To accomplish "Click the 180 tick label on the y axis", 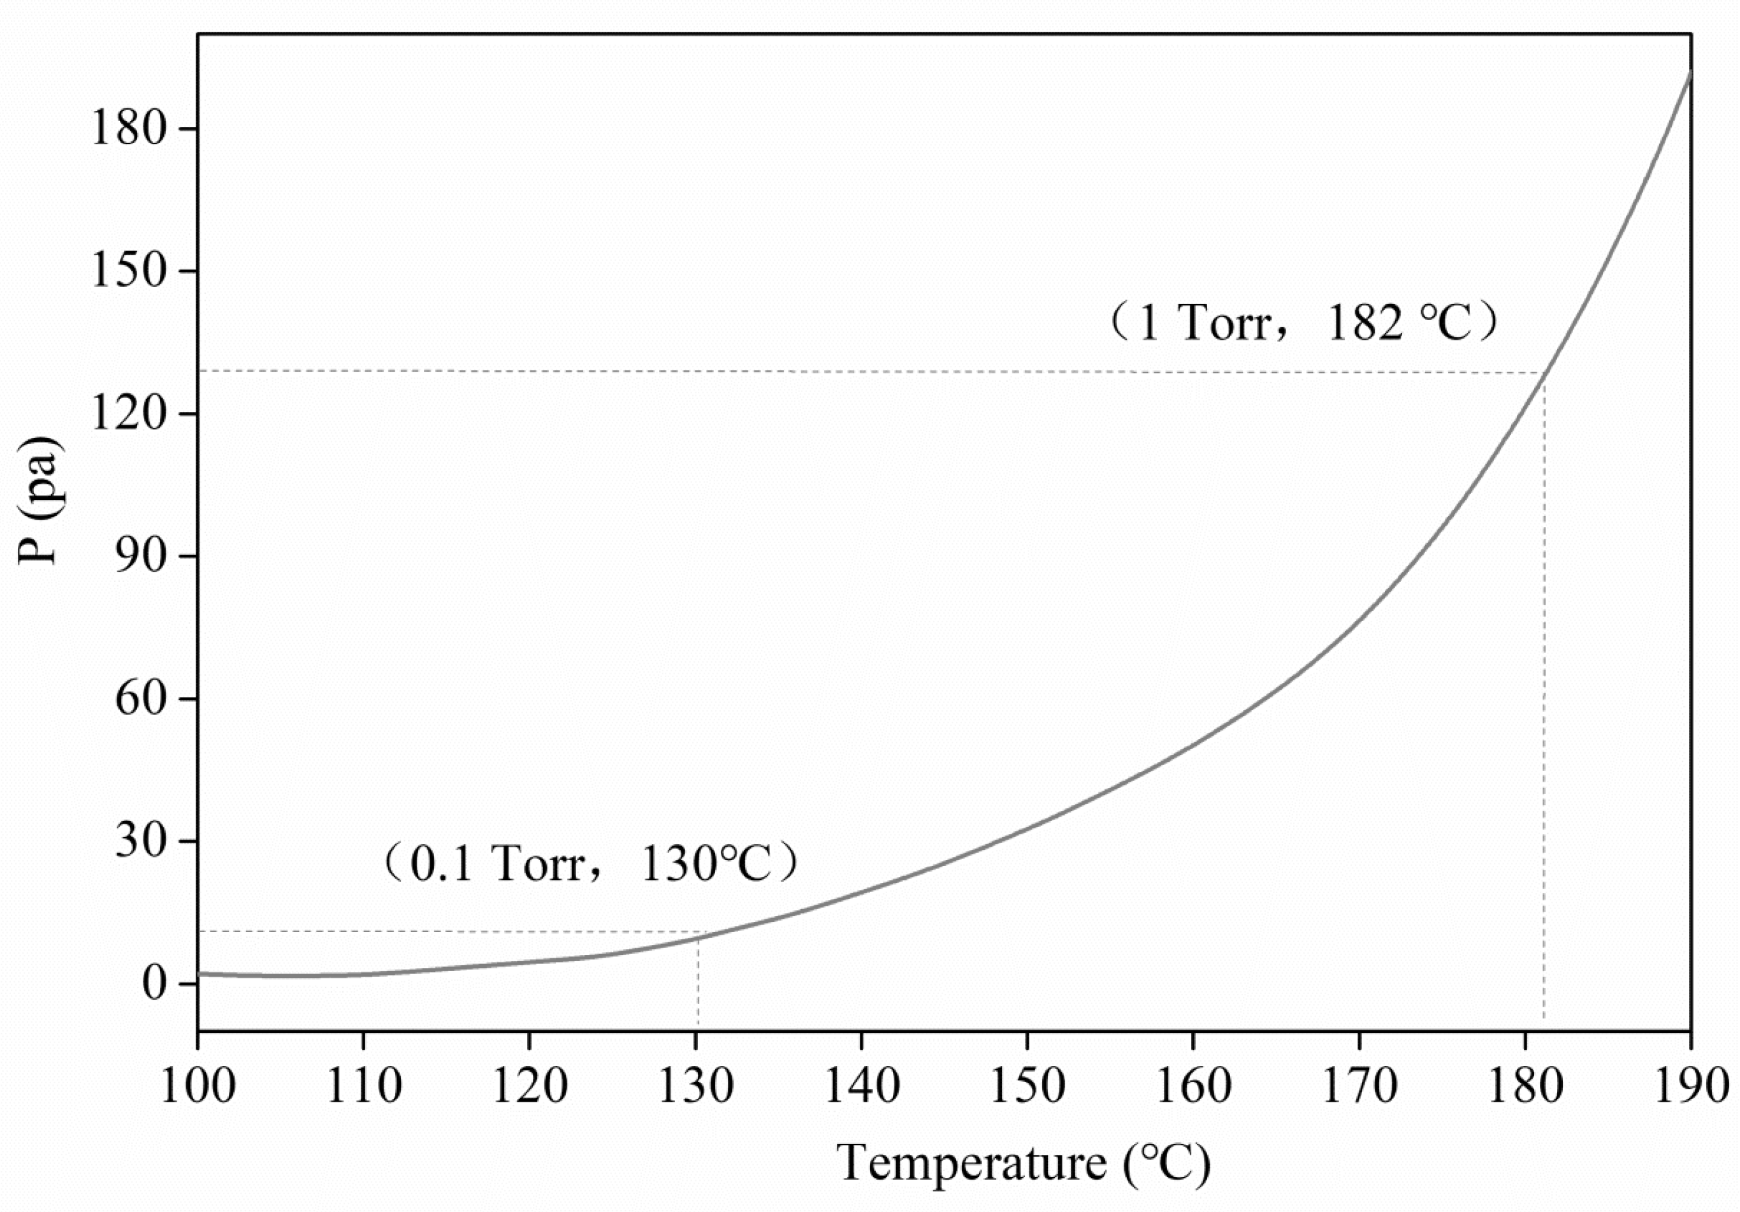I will [128, 128].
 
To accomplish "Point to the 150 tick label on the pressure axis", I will [128, 272].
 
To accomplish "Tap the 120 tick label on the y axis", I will [128, 414].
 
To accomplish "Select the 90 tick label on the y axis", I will [140, 557].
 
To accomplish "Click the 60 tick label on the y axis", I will [140, 699].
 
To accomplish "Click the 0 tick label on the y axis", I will [153, 984].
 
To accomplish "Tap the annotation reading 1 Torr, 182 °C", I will [1303, 324].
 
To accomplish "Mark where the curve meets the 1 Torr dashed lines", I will [1544, 373].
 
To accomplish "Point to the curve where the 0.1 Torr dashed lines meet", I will [698, 938].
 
